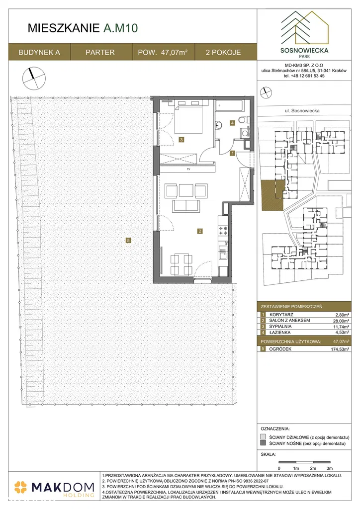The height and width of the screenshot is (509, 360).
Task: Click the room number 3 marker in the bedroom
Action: [181, 140]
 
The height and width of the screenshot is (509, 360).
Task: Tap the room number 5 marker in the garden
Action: [129, 240]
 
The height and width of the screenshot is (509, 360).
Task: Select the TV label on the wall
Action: [188, 169]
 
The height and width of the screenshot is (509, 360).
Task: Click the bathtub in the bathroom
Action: [229, 105]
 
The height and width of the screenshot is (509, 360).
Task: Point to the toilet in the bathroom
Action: [243, 120]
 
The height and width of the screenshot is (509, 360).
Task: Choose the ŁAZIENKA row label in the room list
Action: [280, 333]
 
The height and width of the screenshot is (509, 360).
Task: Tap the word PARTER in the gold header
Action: [100, 52]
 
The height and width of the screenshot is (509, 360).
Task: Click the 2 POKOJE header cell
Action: [223, 52]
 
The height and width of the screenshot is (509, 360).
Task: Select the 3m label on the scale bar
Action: [330, 468]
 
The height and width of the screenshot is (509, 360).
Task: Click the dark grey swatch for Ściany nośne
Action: [263, 443]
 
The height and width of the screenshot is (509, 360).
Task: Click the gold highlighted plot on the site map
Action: [272, 194]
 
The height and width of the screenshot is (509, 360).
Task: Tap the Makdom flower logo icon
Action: [21, 488]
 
